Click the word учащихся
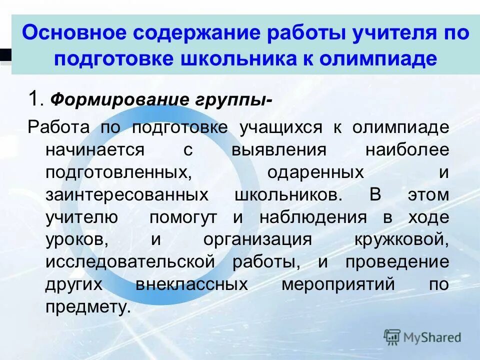pos(281,127)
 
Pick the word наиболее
pos(407,149)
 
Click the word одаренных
pos(315,172)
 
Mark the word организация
pos(257,239)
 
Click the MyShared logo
pos(422,337)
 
